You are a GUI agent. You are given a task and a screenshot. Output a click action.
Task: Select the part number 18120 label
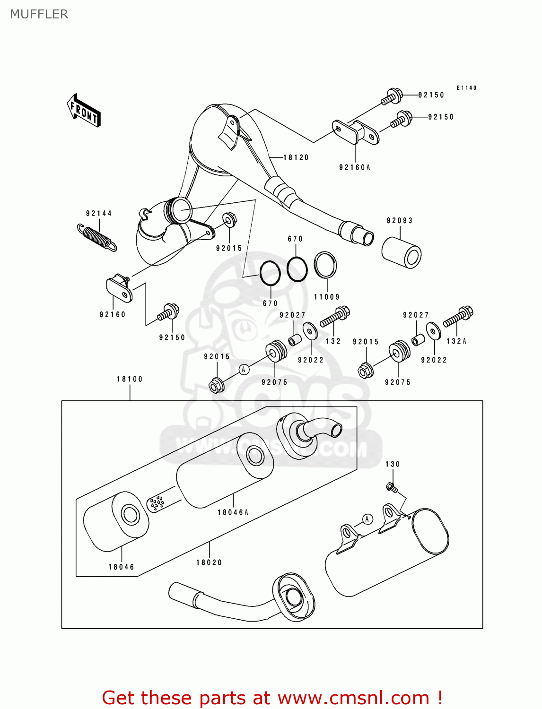tap(296, 158)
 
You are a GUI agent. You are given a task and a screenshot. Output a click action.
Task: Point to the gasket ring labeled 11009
tap(325, 265)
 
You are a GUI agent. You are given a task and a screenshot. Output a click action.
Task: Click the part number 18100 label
tap(130, 379)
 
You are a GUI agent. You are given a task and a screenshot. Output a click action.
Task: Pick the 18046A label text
tap(233, 512)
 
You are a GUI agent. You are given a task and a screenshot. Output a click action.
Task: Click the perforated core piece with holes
tap(155, 503)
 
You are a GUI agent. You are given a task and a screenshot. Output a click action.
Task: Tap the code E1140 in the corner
tap(466, 88)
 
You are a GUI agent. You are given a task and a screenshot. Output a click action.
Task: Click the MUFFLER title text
tap(39, 14)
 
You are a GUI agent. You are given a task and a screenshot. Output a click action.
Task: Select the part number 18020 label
tap(209, 562)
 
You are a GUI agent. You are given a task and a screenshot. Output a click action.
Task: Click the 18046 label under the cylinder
tap(122, 567)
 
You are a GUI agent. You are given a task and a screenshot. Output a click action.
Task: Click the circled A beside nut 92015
tap(244, 369)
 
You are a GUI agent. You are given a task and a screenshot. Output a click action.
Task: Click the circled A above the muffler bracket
tap(367, 519)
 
